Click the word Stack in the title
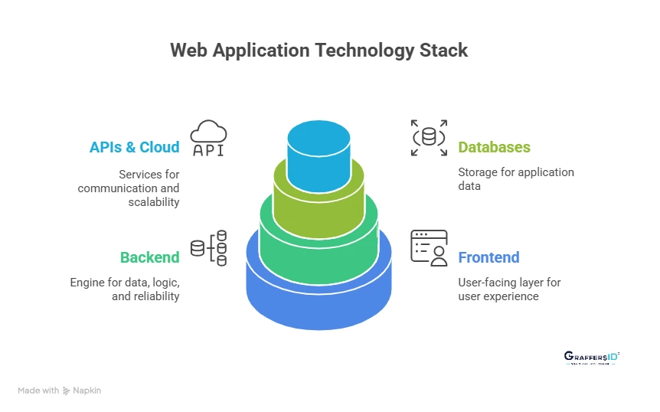click(x=442, y=51)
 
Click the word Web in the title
click(x=188, y=51)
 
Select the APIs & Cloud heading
click(x=134, y=147)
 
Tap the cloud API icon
click(x=208, y=139)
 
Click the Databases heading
click(x=494, y=147)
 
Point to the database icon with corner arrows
click(x=428, y=138)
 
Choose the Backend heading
click(x=149, y=257)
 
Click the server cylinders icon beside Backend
click(x=209, y=248)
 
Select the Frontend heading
click(x=488, y=257)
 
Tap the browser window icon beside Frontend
click(x=429, y=247)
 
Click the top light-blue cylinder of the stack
click(x=318, y=153)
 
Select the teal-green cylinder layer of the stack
click(x=318, y=245)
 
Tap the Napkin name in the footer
click(x=87, y=391)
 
